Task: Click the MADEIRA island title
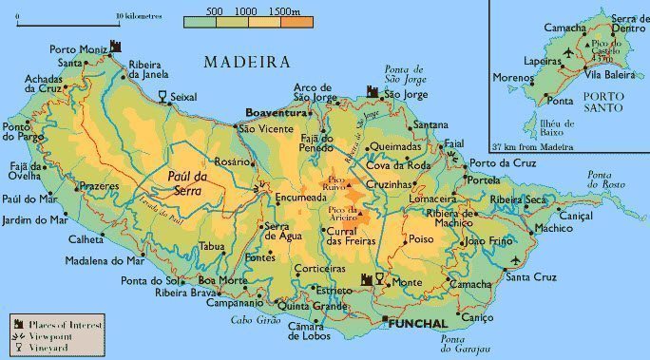pyautogui.click(x=246, y=62)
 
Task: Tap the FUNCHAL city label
pyautogui.click(x=416, y=324)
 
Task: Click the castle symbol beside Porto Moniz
pyautogui.click(x=116, y=47)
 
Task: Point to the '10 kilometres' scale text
pyautogui.click(x=138, y=16)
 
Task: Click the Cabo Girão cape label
pyautogui.click(x=249, y=320)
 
